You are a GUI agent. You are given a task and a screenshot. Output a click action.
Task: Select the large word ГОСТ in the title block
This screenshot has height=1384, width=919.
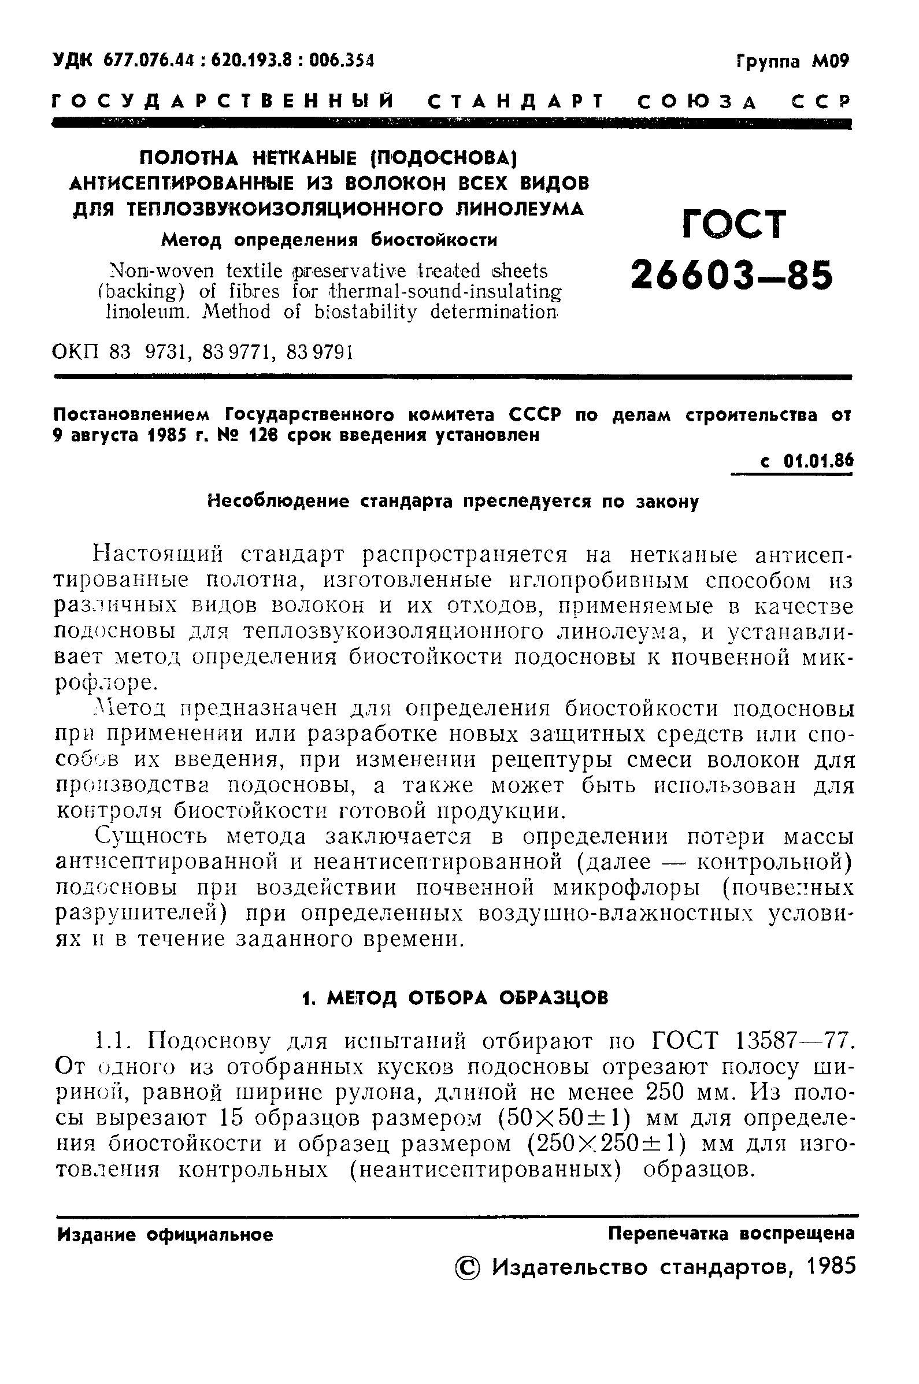pos(735,224)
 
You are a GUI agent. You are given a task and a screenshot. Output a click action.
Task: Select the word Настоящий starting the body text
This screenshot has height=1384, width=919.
pos(157,554)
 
